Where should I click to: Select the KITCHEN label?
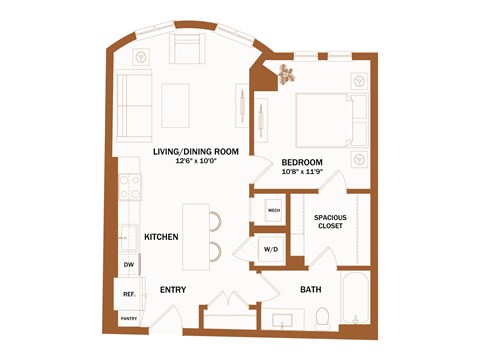[161, 237]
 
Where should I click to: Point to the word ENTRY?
[174, 290]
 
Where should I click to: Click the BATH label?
[311, 290]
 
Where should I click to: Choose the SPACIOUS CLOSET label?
[329, 221]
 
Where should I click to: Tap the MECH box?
[273, 211]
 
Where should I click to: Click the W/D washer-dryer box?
[271, 248]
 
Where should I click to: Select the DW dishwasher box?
[129, 264]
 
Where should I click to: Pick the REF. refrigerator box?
[129, 294]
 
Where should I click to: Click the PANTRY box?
[129, 319]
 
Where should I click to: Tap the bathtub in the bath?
[355, 299]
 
